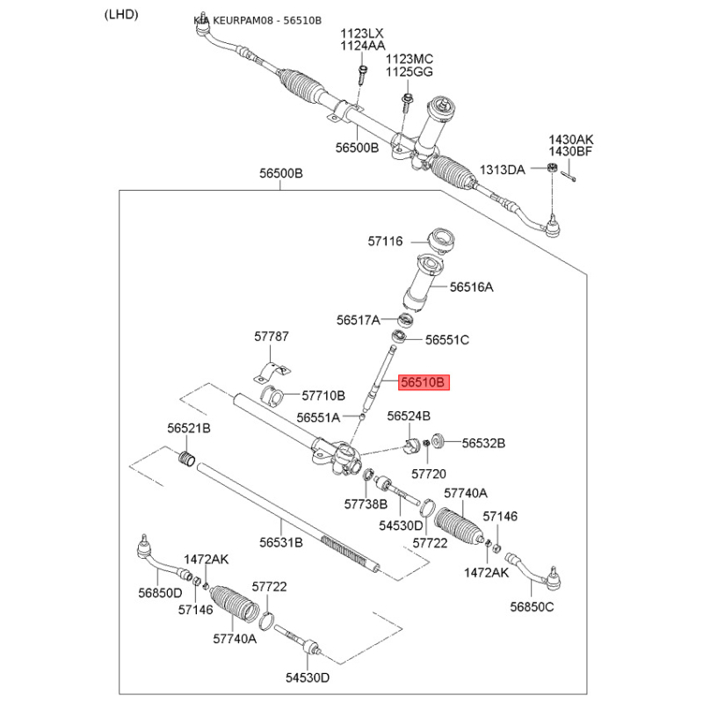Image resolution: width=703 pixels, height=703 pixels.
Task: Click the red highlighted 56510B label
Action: click(424, 383)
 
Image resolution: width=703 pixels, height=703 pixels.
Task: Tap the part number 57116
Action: click(385, 240)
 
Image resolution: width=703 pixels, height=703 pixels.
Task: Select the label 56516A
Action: click(472, 286)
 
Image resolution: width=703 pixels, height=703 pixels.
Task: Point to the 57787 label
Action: click(272, 337)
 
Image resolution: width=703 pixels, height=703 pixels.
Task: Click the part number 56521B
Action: click(189, 428)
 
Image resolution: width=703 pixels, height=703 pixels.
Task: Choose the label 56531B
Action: click(280, 542)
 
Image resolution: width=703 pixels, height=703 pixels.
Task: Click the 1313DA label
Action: click(502, 169)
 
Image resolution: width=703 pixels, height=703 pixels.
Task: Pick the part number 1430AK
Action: click(571, 139)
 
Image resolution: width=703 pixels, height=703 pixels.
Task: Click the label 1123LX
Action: click(363, 33)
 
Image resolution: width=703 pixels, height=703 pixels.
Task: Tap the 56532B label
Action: click(483, 444)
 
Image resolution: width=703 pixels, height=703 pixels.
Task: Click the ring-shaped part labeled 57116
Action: click(437, 239)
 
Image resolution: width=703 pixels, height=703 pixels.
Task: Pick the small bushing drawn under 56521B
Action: click(185, 458)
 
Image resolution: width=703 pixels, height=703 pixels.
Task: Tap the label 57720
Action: click(430, 473)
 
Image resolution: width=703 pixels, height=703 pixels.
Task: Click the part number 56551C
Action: click(447, 339)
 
